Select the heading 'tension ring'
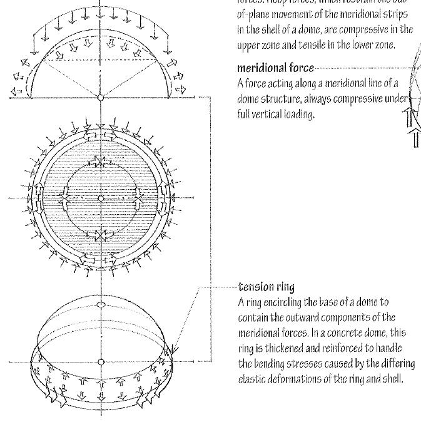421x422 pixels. coord(259,288)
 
